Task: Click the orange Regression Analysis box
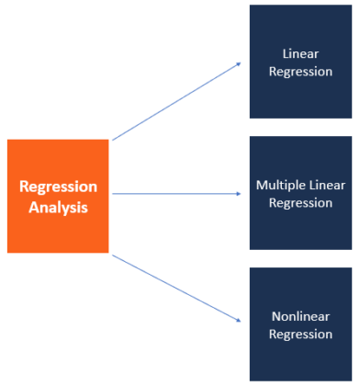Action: click(58, 196)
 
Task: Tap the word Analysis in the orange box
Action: click(58, 208)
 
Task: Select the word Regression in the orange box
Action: click(58, 187)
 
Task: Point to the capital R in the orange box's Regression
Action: click(25, 187)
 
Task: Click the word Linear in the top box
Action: click(300, 55)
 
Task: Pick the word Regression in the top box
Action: click(300, 71)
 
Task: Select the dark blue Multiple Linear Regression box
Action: click(300, 193)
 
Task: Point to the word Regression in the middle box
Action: click(300, 202)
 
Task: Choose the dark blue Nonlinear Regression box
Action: click(300, 324)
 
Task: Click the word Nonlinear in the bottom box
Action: click(300, 317)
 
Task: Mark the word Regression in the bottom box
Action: click(300, 334)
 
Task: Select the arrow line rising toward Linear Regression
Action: click(174, 102)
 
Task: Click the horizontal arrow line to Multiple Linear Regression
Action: click(174, 194)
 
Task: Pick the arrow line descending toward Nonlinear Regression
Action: click(174, 288)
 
